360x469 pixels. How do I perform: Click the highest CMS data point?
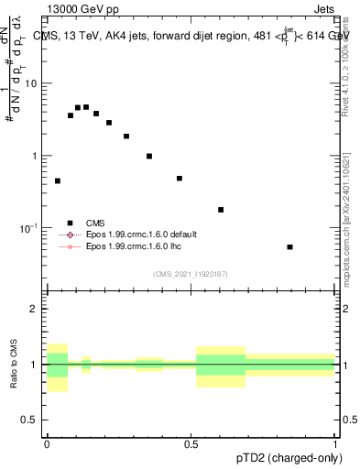[86, 107]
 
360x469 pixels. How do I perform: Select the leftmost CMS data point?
[58, 181]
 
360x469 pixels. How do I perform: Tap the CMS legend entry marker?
[70, 223]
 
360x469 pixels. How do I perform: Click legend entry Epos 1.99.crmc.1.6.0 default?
[141, 234]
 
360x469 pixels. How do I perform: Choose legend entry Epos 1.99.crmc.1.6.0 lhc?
[134, 246]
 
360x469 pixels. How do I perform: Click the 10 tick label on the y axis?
[32, 83]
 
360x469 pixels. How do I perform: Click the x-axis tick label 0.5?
[191, 444]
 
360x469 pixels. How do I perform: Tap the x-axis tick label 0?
[47, 444]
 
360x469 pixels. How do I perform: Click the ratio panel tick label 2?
[35, 309]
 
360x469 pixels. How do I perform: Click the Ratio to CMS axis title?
[15, 365]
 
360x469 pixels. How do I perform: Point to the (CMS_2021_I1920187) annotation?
[191, 274]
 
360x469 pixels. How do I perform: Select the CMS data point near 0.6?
[221, 210]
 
